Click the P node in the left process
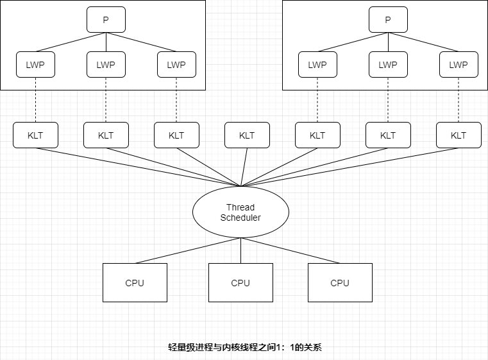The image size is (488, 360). pos(106,20)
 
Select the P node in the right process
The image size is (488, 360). pos(388,20)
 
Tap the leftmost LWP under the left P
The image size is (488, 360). pos(35,65)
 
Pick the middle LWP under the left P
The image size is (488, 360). pos(106,65)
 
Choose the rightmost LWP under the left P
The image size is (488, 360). pos(176,65)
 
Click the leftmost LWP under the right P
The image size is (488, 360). pos(317,65)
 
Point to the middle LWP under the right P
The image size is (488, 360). pos(388,65)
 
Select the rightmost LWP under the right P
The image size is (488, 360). pos(459,65)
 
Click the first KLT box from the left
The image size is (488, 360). pos(35,135)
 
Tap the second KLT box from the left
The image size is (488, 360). pos(106,135)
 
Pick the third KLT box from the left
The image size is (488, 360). pos(176,135)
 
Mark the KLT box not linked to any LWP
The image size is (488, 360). pos(247,135)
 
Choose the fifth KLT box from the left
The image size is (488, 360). pos(317,135)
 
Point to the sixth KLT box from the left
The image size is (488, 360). pos(388,135)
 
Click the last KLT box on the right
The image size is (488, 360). pos(459,135)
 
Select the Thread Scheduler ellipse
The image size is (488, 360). pos(240,212)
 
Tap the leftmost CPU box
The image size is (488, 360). pos(135,283)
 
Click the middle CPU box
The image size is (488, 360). pos(240,283)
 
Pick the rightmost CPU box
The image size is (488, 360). pos(340,283)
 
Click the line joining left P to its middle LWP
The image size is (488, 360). pos(106,42)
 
